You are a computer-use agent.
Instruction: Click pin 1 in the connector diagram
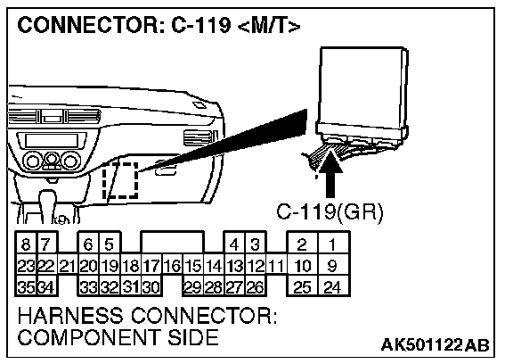(x=333, y=244)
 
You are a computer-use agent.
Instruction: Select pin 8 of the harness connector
(x=26, y=244)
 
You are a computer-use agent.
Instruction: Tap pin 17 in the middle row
(x=151, y=266)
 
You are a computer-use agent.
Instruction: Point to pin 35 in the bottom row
(x=26, y=287)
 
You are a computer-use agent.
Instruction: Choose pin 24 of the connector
(x=333, y=287)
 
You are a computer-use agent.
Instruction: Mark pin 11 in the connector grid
(x=276, y=266)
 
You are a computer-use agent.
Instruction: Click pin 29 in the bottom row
(x=192, y=287)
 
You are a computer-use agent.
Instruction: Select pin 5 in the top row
(x=110, y=244)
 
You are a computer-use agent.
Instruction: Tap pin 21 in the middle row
(x=68, y=266)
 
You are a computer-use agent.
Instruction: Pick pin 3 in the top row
(x=256, y=244)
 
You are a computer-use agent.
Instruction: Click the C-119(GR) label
(x=330, y=212)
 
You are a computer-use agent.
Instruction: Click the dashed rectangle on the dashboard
(x=120, y=180)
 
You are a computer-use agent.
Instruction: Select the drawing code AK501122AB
(x=436, y=344)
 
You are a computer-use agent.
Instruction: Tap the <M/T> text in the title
(x=268, y=25)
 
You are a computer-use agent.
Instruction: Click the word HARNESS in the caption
(x=70, y=316)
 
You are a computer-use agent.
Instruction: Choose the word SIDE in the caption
(x=193, y=337)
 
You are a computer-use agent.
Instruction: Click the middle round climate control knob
(x=51, y=159)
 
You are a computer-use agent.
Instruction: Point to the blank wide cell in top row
(x=172, y=242)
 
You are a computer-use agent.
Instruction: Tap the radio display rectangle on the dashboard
(x=52, y=141)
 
